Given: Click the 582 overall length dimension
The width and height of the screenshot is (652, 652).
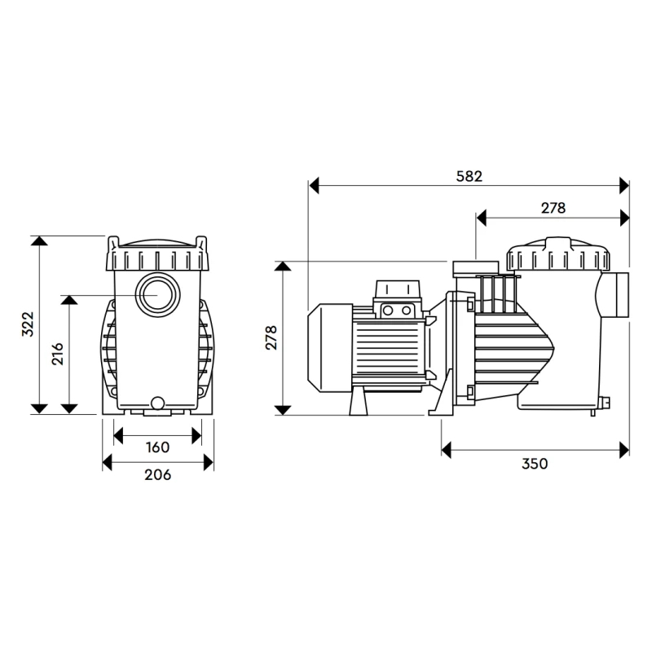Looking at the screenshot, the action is click(469, 176).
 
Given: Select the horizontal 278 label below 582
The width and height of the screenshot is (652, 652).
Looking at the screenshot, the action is click(553, 208).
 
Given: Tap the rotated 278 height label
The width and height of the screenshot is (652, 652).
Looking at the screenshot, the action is click(271, 337).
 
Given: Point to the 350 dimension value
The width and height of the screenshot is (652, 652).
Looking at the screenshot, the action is click(535, 464).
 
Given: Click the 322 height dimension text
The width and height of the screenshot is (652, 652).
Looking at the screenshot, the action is click(28, 324).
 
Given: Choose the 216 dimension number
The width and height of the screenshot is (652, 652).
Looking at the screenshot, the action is click(58, 354).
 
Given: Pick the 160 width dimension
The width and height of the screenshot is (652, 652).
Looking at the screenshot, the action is click(157, 447).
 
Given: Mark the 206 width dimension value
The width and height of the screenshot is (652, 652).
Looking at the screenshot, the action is click(157, 474).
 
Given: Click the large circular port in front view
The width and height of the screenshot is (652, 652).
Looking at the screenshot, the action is click(157, 294).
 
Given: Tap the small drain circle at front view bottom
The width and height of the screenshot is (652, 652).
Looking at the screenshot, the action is click(157, 403).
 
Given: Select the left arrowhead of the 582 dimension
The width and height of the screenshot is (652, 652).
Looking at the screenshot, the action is click(314, 186).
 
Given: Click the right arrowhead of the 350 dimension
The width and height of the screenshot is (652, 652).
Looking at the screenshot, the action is click(624, 450).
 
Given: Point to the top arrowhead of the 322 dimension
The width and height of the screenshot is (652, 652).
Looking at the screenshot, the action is click(38, 240).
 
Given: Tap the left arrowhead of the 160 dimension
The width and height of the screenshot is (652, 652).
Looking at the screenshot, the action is click(118, 436).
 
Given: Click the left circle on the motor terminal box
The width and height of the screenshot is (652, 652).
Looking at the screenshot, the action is click(388, 311).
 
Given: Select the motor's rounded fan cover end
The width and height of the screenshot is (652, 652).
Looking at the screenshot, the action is click(330, 348).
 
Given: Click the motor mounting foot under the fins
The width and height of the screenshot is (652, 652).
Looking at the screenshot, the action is click(359, 403).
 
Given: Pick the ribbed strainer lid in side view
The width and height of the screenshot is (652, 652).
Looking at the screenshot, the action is click(558, 253).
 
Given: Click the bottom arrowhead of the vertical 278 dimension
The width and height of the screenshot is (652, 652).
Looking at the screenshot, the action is click(283, 410).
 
